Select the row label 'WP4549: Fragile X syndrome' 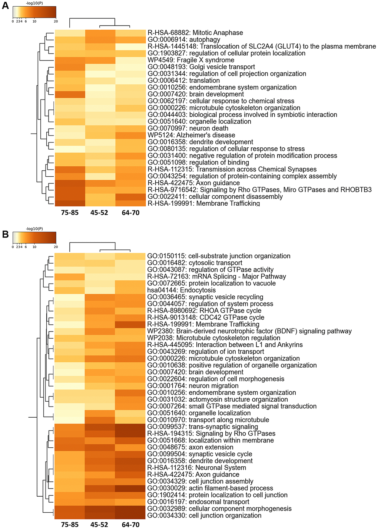(x=191, y=60)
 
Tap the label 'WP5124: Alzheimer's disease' (x=191, y=135)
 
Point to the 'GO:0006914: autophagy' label (x=184, y=40)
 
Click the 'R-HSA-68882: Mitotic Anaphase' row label (x=195, y=33)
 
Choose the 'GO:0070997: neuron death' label (x=188, y=128)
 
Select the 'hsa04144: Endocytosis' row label (x=181, y=290)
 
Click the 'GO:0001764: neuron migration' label (x=193, y=386)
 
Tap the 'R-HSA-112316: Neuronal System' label (x=196, y=468)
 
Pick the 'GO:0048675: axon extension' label (x=190, y=447)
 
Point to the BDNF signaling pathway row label (x=249, y=331)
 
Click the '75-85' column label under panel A (x=70, y=213)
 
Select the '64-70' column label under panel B (x=130, y=525)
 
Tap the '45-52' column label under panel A (x=99, y=213)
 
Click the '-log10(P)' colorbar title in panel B (x=34, y=229)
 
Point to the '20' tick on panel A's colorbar (x=56, y=22)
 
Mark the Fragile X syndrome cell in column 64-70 (x=130, y=60)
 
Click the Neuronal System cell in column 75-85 (x=70, y=468)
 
